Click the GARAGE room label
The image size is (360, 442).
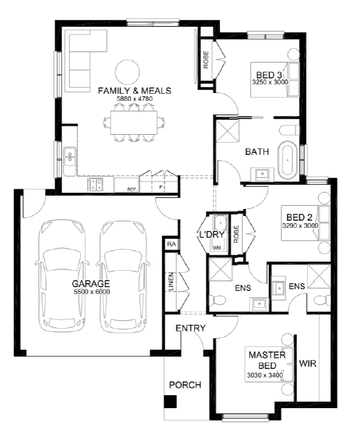pyautogui.click(x=90, y=284)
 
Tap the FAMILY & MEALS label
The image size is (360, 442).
pyautogui.click(x=135, y=90)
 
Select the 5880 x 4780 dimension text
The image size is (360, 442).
pyautogui.click(x=135, y=99)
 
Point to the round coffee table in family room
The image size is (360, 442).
pyautogui.click(x=128, y=72)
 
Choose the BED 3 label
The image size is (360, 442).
pyautogui.click(x=269, y=75)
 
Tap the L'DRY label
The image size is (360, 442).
pyautogui.click(x=212, y=234)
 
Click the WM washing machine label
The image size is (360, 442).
pyautogui.click(x=217, y=247)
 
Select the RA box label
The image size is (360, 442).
pyautogui.click(x=171, y=244)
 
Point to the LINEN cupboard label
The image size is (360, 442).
pyautogui.click(x=171, y=282)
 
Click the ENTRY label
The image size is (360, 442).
pyautogui.click(x=191, y=328)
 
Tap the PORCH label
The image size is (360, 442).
pyautogui.click(x=186, y=385)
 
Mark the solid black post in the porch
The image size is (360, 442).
pyautogui.click(x=171, y=402)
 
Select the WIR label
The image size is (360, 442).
pyautogui.click(x=308, y=364)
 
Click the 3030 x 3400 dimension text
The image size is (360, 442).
pyautogui.click(x=265, y=376)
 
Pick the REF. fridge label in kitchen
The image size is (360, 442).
pyautogui.click(x=132, y=189)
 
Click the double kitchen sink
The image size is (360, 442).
pyautogui.click(x=70, y=157)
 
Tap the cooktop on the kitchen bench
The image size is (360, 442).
pyautogui.click(x=96, y=185)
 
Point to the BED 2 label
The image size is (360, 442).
pyautogui.click(x=299, y=217)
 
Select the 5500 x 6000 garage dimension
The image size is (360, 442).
pyautogui.click(x=92, y=292)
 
